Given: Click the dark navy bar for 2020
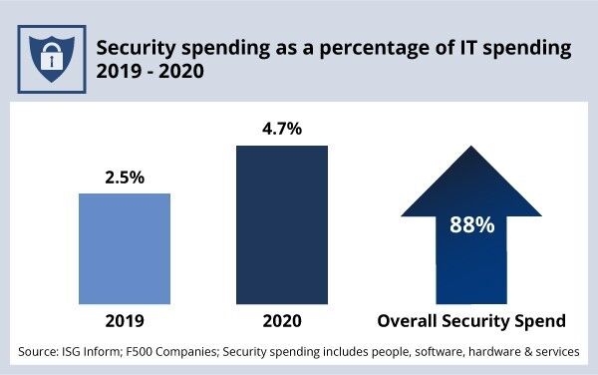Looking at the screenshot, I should (x=281, y=223).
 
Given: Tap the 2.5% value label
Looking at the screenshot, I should (x=125, y=179).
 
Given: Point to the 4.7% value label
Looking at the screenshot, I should (x=281, y=131).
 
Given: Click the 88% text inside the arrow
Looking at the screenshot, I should (x=470, y=224).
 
